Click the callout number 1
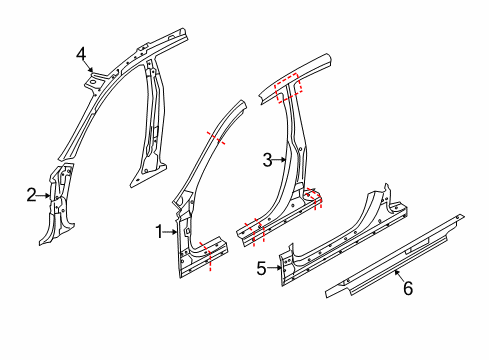pyautogui.click(x=158, y=231)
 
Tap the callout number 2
pyautogui.click(x=31, y=194)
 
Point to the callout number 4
pyautogui.click(x=81, y=54)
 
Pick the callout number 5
pyautogui.click(x=262, y=267)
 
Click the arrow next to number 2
pyautogui.click(x=45, y=195)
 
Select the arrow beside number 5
pyautogui.click(x=277, y=267)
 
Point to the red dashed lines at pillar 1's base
pyautogui.click(x=210, y=250)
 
